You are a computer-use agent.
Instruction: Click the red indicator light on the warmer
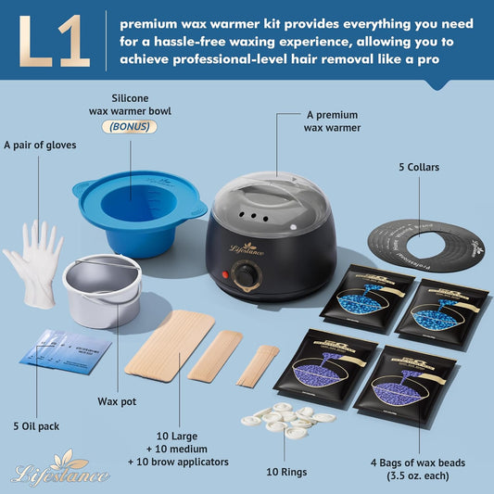(x=223, y=275)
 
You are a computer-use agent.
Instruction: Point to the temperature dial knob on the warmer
(x=246, y=274)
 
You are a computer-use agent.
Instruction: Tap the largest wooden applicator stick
(x=170, y=344)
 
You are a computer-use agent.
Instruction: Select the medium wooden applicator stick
(x=215, y=355)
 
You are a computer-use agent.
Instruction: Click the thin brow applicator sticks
(x=259, y=364)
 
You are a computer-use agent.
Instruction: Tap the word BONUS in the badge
(x=135, y=128)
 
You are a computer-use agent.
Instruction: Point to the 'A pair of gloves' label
(x=40, y=144)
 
